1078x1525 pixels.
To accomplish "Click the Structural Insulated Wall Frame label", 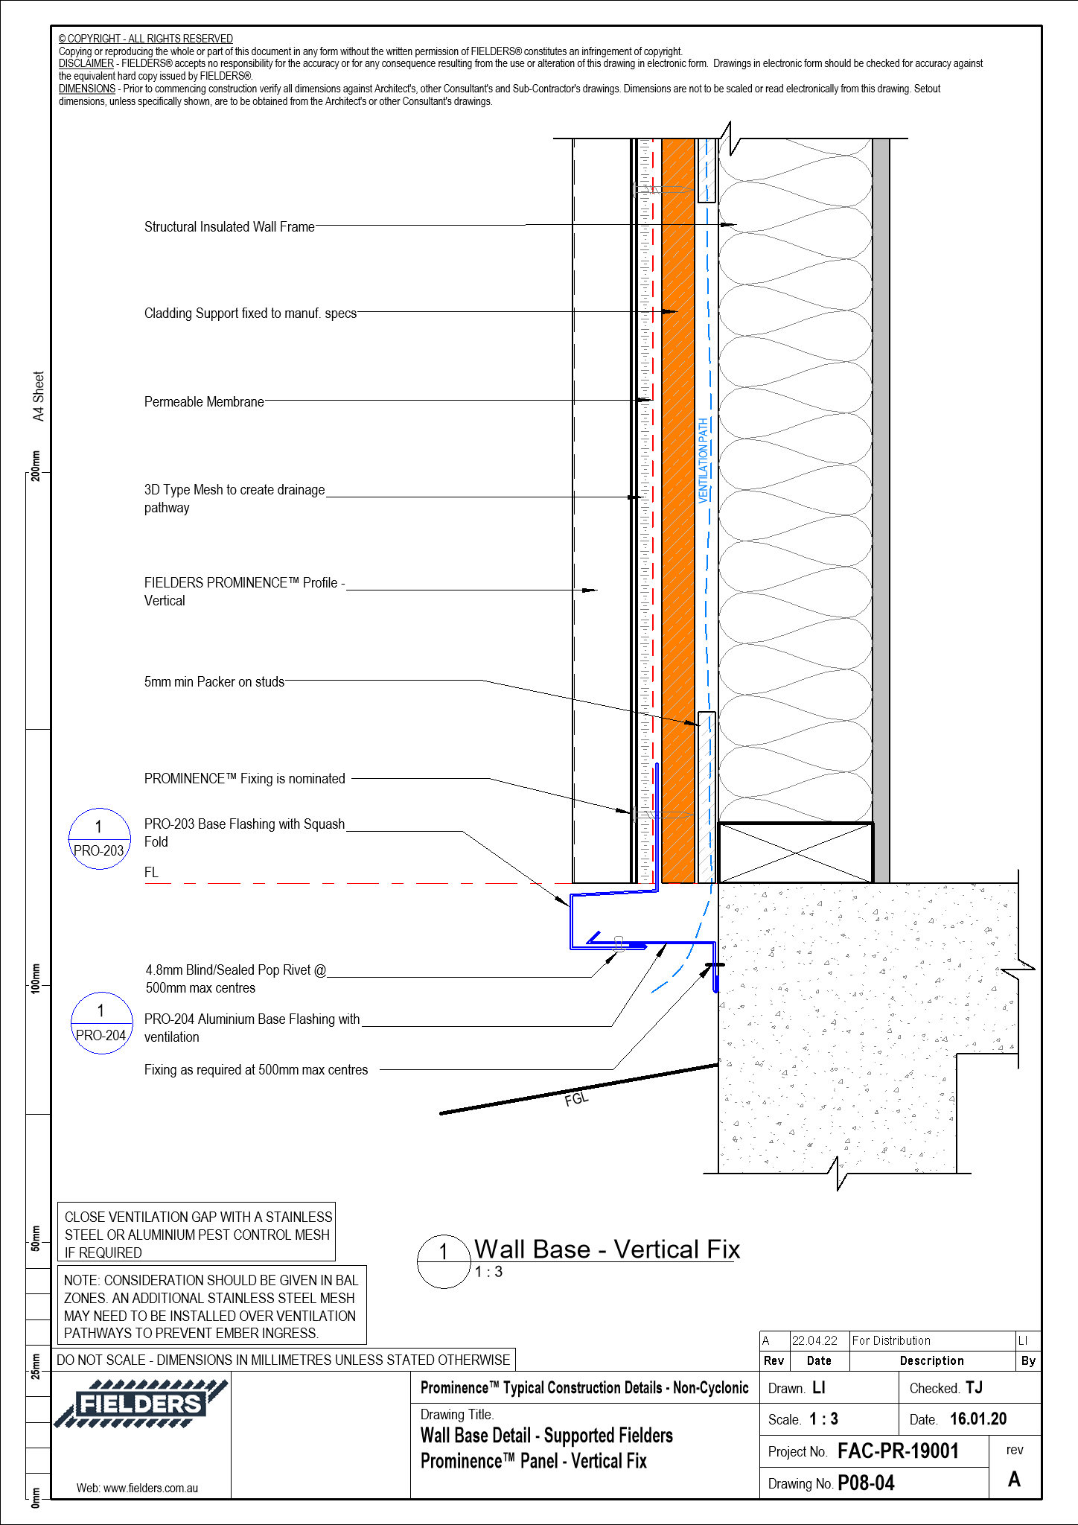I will click(x=229, y=227).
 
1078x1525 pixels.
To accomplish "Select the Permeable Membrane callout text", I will click(x=204, y=402).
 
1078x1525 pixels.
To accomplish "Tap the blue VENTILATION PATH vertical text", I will click(x=704, y=460).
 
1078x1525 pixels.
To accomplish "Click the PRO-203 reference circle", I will click(x=99, y=838).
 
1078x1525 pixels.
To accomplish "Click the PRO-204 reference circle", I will click(x=101, y=1023).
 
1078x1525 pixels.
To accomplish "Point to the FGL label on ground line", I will click(x=576, y=1099).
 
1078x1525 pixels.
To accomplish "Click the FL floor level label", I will click(x=151, y=873).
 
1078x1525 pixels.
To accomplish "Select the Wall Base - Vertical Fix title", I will click(x=607, y=1249).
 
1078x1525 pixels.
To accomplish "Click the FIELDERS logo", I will click(x=140, y=1404).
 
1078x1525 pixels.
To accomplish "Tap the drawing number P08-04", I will click(x=866, y=1483).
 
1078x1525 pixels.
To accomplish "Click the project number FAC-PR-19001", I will click(x=898, y=1451).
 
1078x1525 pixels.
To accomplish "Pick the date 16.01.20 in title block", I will click(x=978, y=1419).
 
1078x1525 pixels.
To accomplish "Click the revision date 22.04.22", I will click(x=814, y=1341).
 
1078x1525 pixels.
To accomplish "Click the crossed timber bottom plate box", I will click(x=795, y=853).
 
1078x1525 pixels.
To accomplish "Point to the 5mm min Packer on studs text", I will click(x=214, y=682).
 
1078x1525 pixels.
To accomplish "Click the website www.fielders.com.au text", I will click(x=138, y=1489).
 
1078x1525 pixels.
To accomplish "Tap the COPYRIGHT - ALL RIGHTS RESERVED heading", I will click(x=146, y=39).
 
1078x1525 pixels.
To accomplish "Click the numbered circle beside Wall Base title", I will click(x=444, y=1261).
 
